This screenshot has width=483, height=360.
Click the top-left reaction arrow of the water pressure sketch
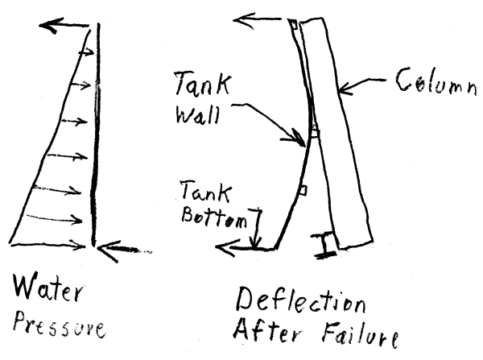click(68, 27)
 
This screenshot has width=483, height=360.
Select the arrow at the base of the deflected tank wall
click(238, 249)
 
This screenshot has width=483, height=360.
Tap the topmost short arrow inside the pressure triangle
click(83, 53)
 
